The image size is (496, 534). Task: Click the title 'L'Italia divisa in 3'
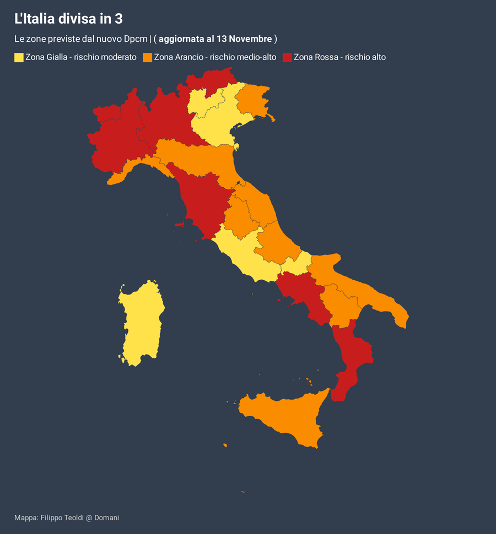(x=68, y=19)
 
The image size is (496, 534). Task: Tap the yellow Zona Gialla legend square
(x=19, y=57)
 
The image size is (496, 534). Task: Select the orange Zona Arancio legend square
(x=147, y=57)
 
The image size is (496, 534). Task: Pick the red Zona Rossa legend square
(x=287, y=57)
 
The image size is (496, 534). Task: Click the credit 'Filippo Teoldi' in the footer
(x=62, y=517)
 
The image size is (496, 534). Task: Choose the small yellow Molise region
(x=298, y=264)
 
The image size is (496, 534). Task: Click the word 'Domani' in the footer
(x=106, y=517)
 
